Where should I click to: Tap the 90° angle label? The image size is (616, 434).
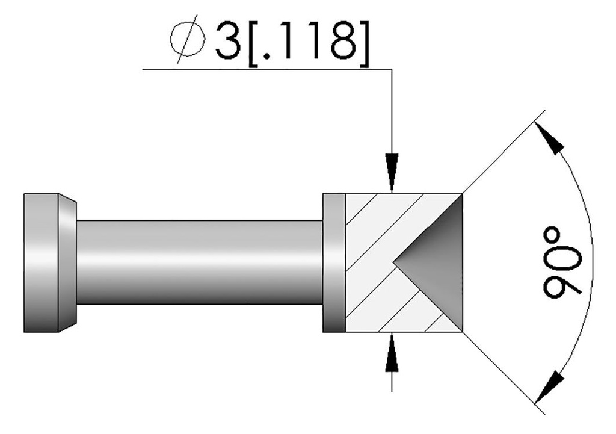click(x=563, y=262)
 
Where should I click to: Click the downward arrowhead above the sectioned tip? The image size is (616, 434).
click(x=392, y=172)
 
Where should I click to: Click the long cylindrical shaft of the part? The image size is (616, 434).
click(x=199, y=262)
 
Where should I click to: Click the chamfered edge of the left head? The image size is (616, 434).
click(x=67, y=262)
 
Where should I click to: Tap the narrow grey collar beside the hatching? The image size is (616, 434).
click(x=334, y=262)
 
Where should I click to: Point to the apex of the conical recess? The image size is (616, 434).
click(x=393, y=262)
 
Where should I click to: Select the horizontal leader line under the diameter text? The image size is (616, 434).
click(x=265, y=69)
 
